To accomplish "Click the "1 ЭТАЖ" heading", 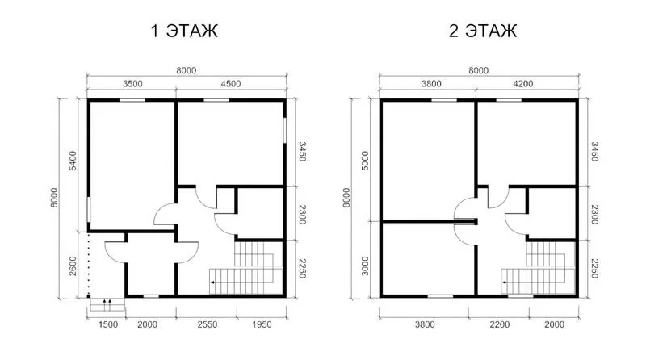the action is [184, 31].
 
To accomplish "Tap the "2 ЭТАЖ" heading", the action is [482, 31].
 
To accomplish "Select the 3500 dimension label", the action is [132, 84].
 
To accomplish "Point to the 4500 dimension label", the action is [231, 84].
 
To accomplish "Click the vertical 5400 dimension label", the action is [73, 161].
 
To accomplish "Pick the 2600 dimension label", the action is [73, 266].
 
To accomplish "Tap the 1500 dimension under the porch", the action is [108, 324].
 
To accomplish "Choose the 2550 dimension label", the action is [208, 324].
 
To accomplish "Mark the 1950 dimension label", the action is [262, 324].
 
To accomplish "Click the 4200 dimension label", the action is [522, 84].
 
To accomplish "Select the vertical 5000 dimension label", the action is [365, 161].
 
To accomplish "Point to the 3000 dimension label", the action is [365, 266].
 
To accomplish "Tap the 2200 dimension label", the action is [500, 324].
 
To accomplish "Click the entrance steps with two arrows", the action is [107, 305].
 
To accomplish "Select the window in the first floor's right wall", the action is [284, 131].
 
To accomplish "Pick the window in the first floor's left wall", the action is [88, 210].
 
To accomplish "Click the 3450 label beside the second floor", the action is [594, 152].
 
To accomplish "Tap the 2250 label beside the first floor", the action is [302, 268].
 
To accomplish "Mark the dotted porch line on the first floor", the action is [88, 264].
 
